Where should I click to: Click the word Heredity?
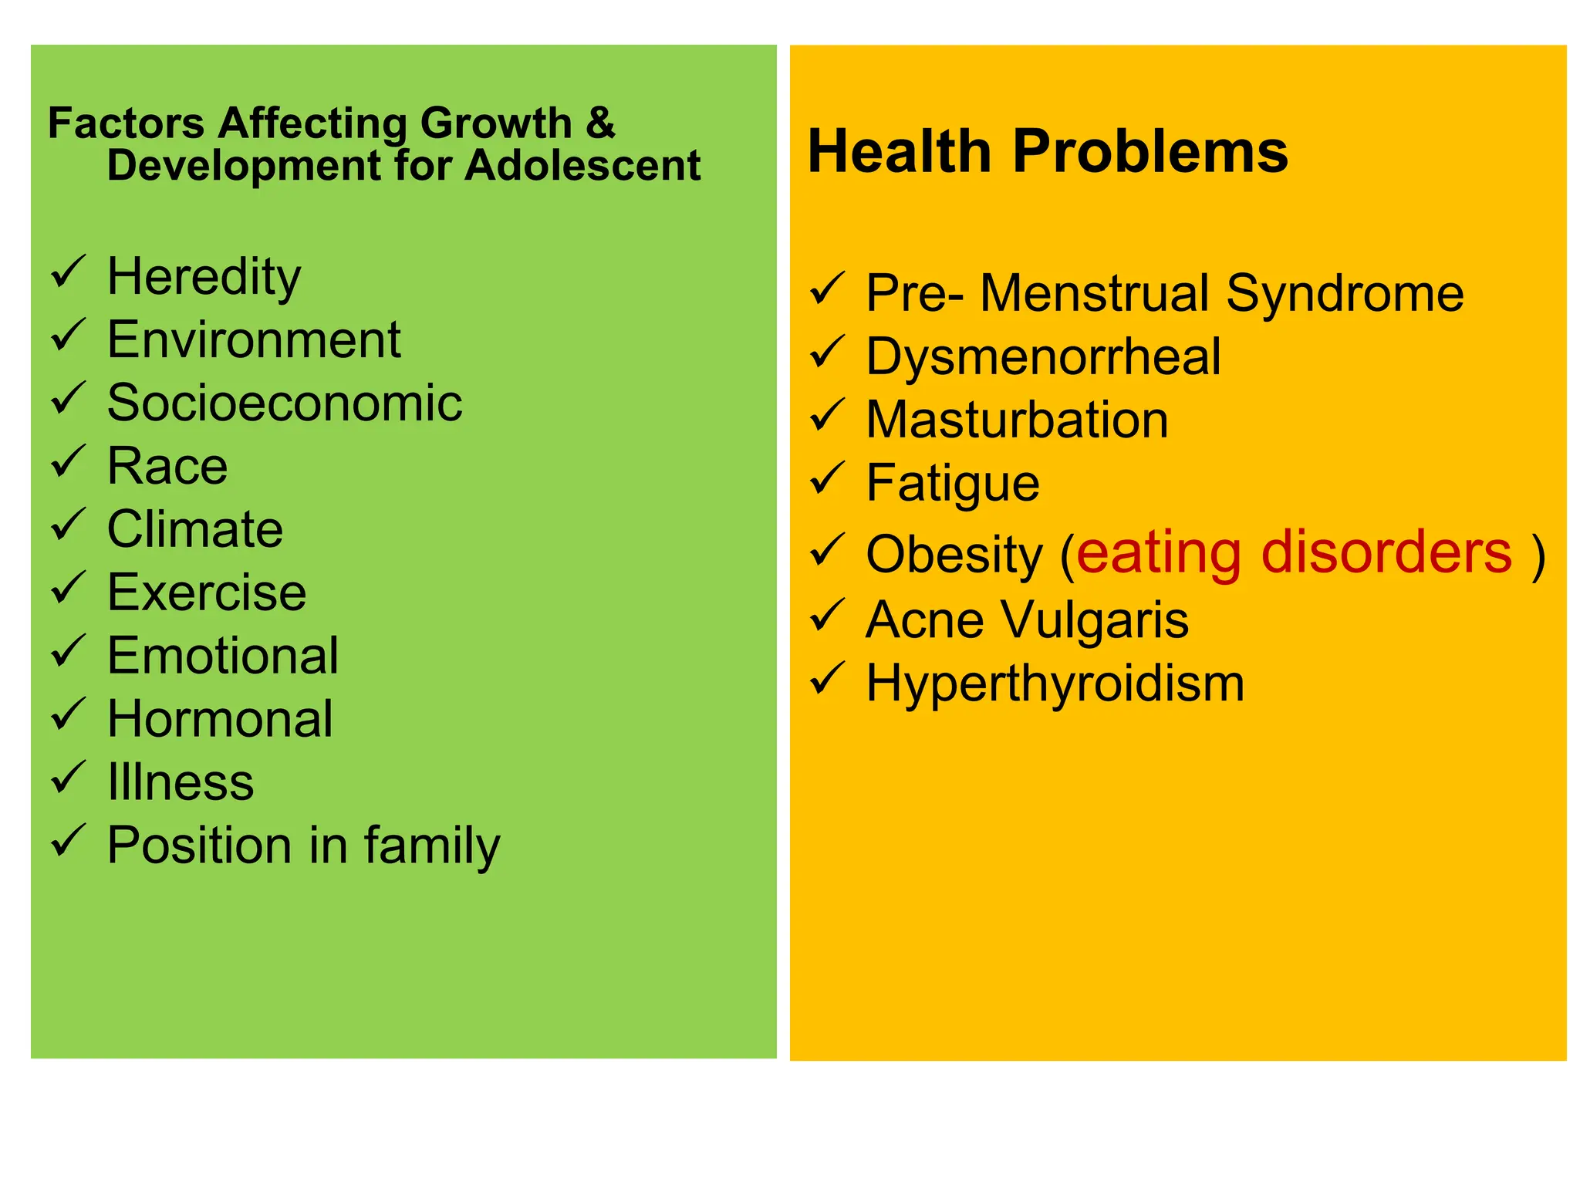[204, 277]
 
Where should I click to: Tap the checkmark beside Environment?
[68, 336]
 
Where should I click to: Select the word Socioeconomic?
[285, 403]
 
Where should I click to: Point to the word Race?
[167, 466]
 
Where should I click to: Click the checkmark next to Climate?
[68, 526]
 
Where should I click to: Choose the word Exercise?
[207, 592]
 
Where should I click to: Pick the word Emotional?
[223, 656]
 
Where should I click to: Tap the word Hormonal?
[220, 719]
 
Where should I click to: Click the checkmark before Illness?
[68, 778]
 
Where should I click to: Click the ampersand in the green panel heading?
[600, 123]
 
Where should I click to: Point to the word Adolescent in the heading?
[582, 165]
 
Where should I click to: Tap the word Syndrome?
[1345, 293]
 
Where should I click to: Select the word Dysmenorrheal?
[1043, 357]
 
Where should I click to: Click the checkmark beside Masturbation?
[828, 417]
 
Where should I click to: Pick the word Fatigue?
[953, 484]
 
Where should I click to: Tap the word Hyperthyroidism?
[1055, 684]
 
